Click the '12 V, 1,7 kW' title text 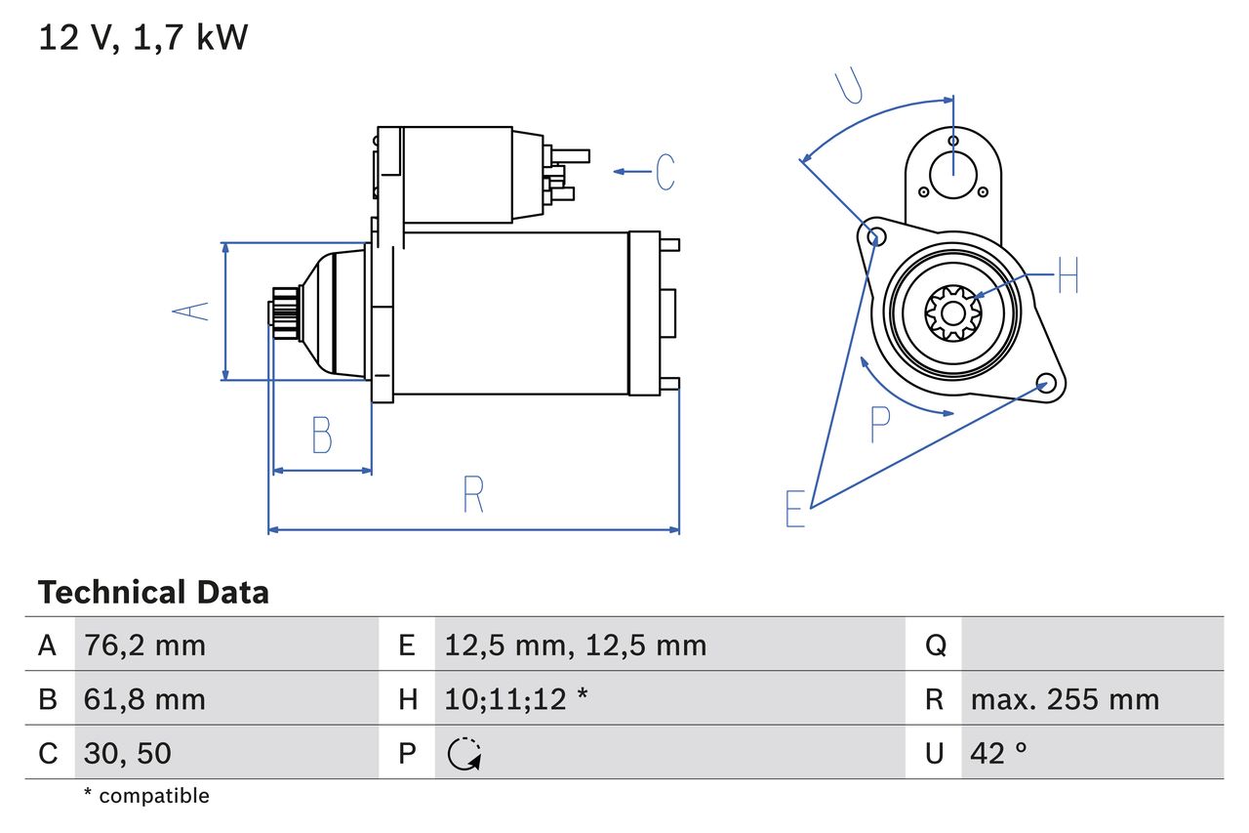(x=143, y=38)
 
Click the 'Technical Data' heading (x=153, y=593)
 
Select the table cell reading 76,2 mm (x=145, y=646)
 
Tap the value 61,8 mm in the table (x=145, y=699)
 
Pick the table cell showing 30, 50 (x=129, y=753)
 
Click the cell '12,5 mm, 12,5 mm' (x=576, y=646)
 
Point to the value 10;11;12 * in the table (x=516, y=699)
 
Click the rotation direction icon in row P (x=464, y=753)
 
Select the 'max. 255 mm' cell (x=1065, y=699)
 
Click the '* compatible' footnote (x=146, y=796)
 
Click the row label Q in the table (x=935, y=646)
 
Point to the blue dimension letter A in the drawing (x=191, y=311)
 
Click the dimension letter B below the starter (x=322, y=435)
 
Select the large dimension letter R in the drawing (x=473, y=494)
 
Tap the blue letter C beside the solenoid (x=665, y=172)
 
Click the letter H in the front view (x=1068, y=275)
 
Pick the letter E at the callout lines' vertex (x=795, y=509)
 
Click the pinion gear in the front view (x=952, y=312)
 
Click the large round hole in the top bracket (x=953, y=175)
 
